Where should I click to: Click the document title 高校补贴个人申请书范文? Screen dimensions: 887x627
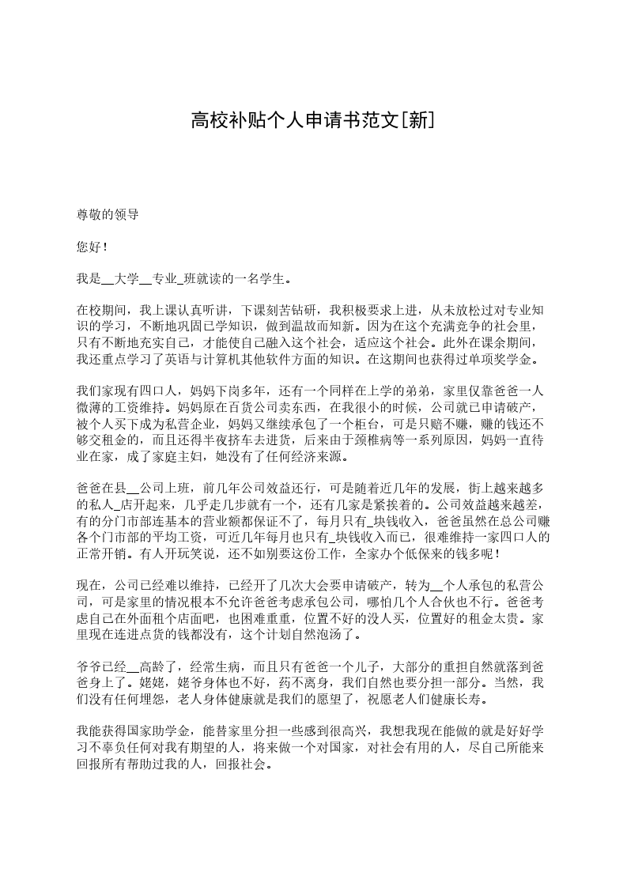[x=296, y=120]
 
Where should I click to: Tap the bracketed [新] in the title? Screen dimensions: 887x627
[x=418, y=120]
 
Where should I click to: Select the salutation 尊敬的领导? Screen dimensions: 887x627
[x=108, y=215]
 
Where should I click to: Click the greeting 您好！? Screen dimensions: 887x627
[x=93, y=247]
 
